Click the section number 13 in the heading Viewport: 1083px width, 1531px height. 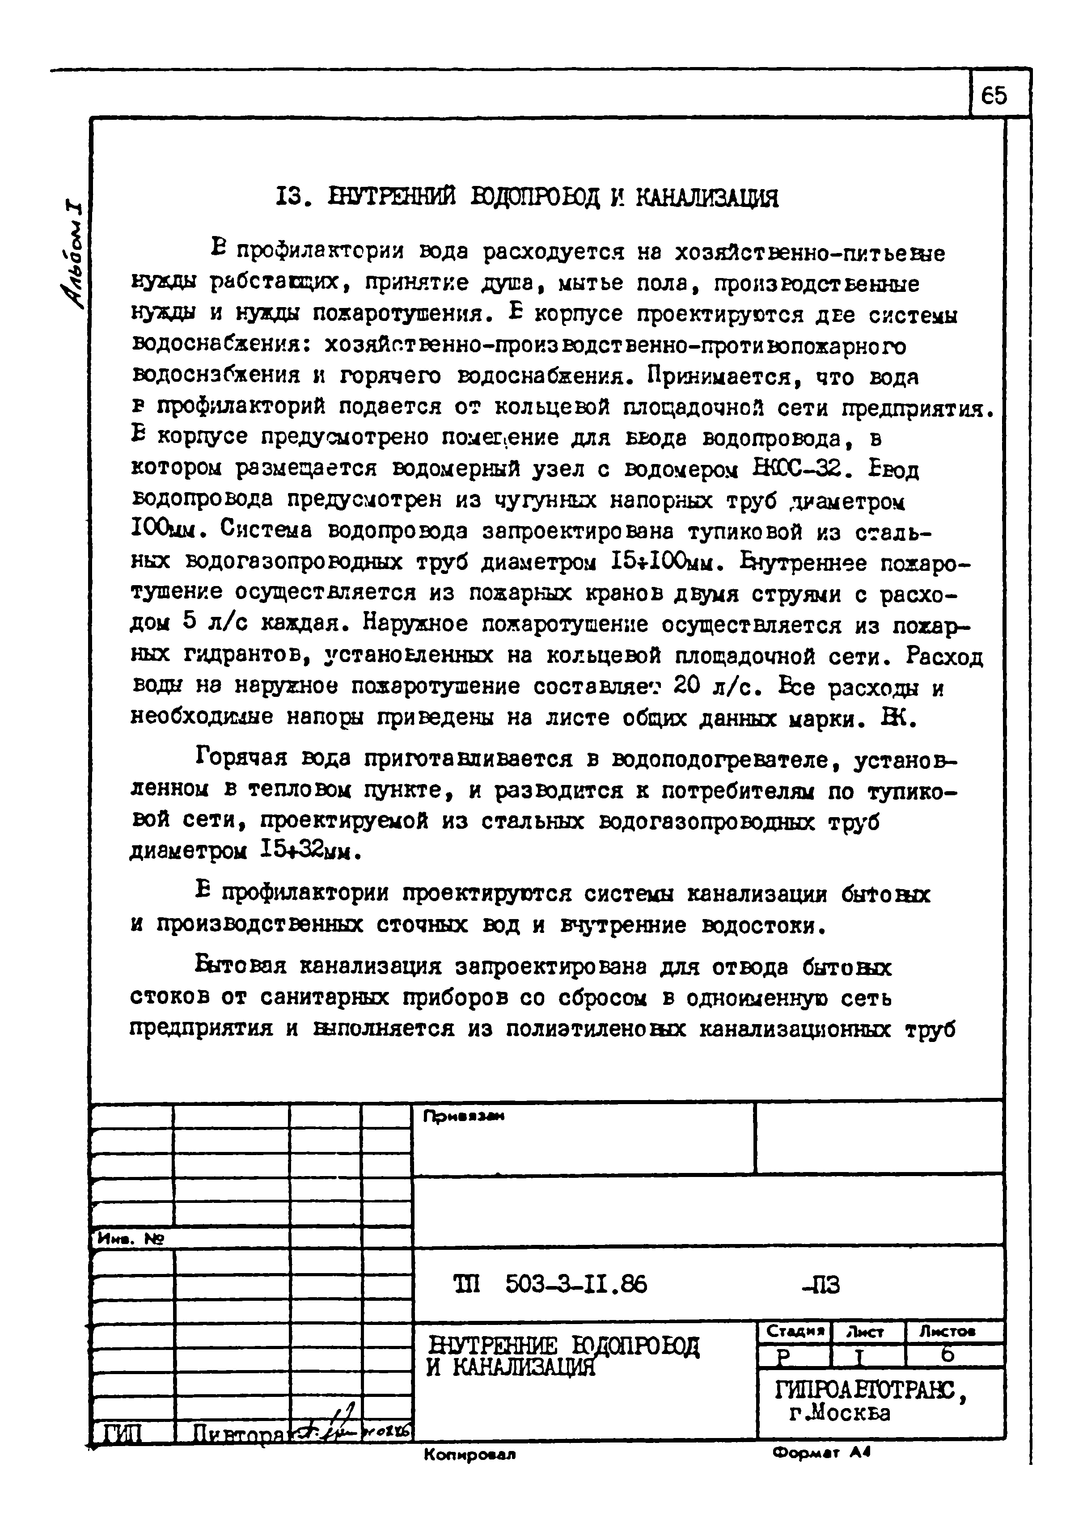point(291,198)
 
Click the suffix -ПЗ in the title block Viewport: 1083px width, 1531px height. point(821,1284)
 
